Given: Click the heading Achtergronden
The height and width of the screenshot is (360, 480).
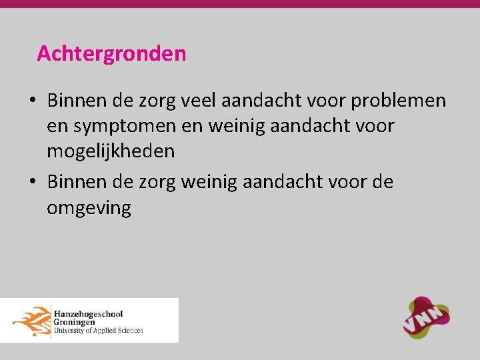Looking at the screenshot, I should tap(111, 53).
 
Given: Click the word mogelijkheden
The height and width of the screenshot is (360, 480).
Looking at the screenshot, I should tap(111, 151).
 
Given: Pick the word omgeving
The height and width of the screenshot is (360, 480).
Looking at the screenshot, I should tap(89, 208).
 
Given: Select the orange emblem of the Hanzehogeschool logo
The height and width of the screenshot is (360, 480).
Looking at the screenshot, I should tap(31, 320).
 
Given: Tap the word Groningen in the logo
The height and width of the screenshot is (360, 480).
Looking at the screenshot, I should tap(75, 321).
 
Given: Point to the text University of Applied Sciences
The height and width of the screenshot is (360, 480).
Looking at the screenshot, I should tap(98, 330).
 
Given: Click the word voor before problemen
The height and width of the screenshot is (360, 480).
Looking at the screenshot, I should tap(325, 101).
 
